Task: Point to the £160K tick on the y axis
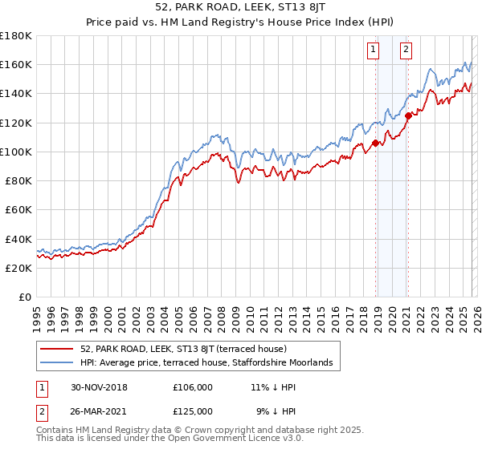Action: click(16, 64)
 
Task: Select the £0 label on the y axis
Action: click(26, 297)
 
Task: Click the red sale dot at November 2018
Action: click(375, 144)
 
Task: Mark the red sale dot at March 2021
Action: click(408, 115)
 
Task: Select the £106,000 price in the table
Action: click(193, 386)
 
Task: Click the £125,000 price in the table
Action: click(193, 411)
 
